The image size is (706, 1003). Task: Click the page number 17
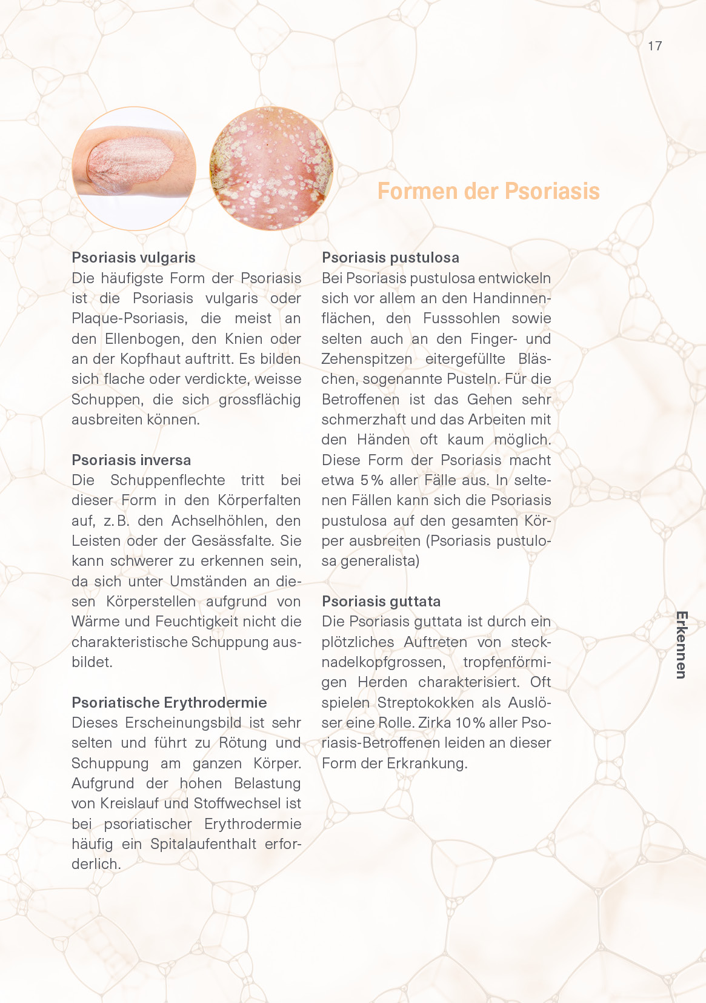pos(654,46)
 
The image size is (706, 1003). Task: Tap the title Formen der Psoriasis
pos(488,191)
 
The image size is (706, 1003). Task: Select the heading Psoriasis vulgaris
pos(133,258)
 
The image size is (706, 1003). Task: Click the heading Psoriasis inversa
pos(131,460)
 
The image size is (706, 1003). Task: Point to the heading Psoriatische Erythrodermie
pos(169,702)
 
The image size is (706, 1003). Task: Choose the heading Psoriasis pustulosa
pos(390,258)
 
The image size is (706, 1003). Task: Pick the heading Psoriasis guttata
pos(381,601)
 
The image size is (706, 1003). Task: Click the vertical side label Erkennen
pos(681,645)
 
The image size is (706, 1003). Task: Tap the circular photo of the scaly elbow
pos(134,169)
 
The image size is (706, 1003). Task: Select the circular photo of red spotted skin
pos(271,169)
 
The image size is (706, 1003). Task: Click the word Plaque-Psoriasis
pos(128,318)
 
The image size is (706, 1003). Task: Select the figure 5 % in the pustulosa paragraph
pos(371,480)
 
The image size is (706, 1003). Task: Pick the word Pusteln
pos(473,379)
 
